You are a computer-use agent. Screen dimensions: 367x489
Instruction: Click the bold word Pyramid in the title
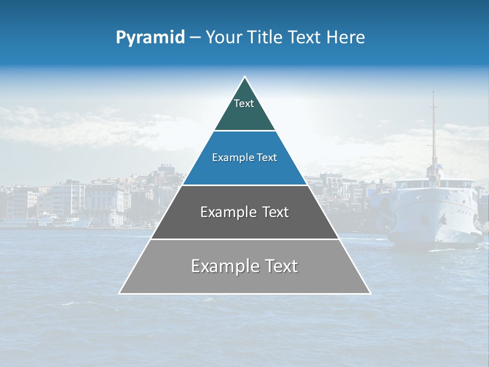click(150, 38)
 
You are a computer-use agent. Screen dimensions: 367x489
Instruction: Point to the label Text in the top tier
click(244, 103)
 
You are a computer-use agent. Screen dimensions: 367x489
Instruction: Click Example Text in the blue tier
click(244, 158)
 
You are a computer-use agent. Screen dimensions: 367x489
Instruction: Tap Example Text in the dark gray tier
click(244, 212)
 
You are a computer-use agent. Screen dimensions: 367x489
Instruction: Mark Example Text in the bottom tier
click(244, 266)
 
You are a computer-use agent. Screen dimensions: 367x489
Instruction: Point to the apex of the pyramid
click(244, 77)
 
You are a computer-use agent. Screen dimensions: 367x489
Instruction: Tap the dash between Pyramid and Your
click(195, 38)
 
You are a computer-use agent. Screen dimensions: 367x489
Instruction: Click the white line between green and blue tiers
click(244, 131)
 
